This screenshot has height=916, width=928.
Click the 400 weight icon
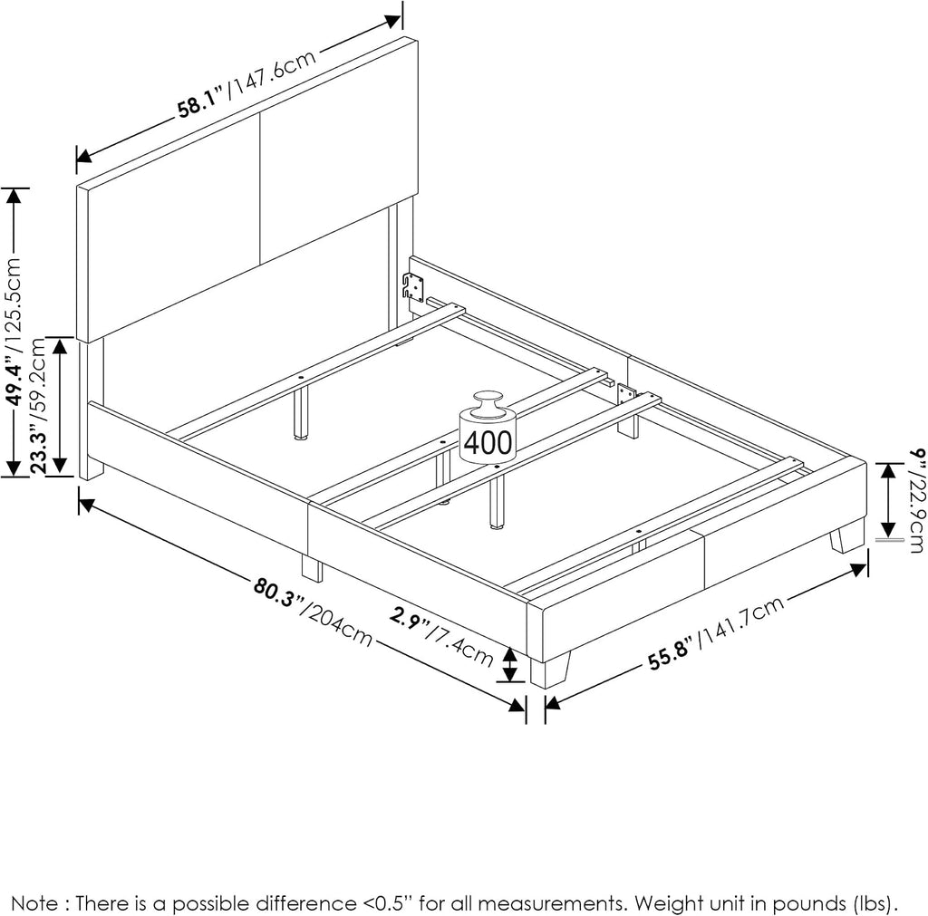(x=488, y=429)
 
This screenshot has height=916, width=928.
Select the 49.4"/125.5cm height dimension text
(x=14, y=333)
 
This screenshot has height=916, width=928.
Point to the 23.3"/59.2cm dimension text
(x=38, y=405)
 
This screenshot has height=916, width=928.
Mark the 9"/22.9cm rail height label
(x=915, y=501)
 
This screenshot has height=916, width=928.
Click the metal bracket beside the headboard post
(x=413, y=287)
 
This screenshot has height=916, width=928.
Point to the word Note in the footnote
(x=34, y=903)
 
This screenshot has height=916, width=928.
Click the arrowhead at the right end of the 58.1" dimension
(x=393, y=21)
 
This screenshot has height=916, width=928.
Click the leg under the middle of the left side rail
(x=313, y=568)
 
